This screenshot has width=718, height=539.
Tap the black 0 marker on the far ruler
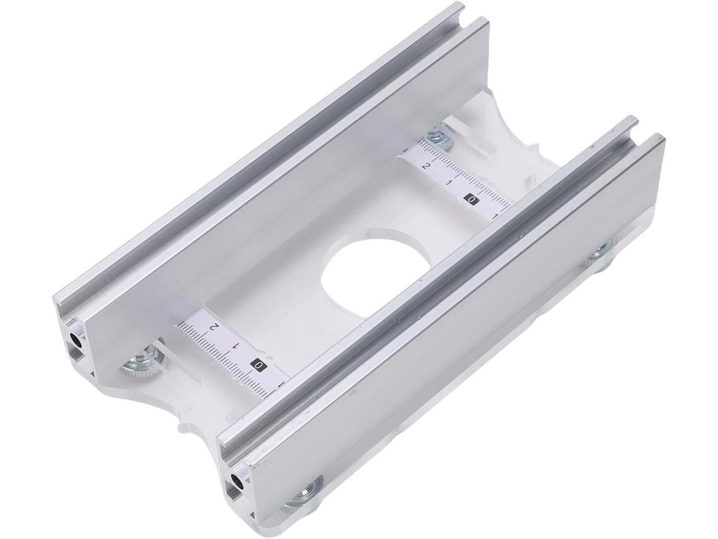472,199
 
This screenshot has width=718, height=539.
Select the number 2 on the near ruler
213,327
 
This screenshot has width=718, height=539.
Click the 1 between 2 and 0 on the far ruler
449,183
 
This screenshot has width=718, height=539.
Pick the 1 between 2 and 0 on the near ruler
236,345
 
